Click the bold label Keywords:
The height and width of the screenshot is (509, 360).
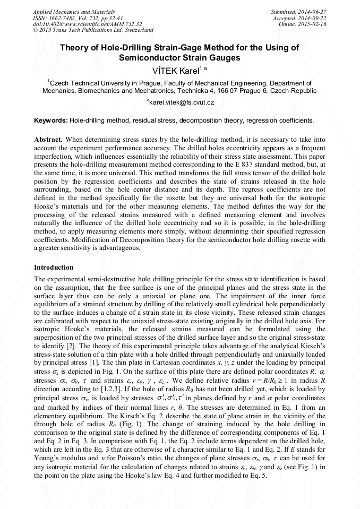click(x=50, y=120)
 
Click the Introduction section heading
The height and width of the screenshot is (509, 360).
click(x=54, y=268)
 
